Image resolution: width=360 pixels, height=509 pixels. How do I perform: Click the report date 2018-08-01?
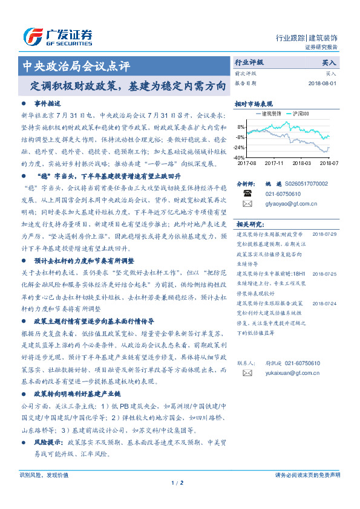point(322,83)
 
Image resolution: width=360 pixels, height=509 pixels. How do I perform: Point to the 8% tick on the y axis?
point(241,127)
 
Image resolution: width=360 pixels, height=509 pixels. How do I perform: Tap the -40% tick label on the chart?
point(240,157)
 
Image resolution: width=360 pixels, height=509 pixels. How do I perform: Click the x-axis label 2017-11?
point(274,163)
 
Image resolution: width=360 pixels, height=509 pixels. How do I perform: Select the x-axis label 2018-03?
point(301,163)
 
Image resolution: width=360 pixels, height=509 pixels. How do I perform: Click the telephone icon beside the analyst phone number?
point(247,193)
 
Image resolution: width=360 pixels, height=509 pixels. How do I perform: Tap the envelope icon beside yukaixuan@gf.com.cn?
point(247,374)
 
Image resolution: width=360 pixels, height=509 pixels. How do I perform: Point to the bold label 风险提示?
point(51,443)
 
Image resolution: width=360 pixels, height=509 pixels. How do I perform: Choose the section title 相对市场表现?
point(254,103)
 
